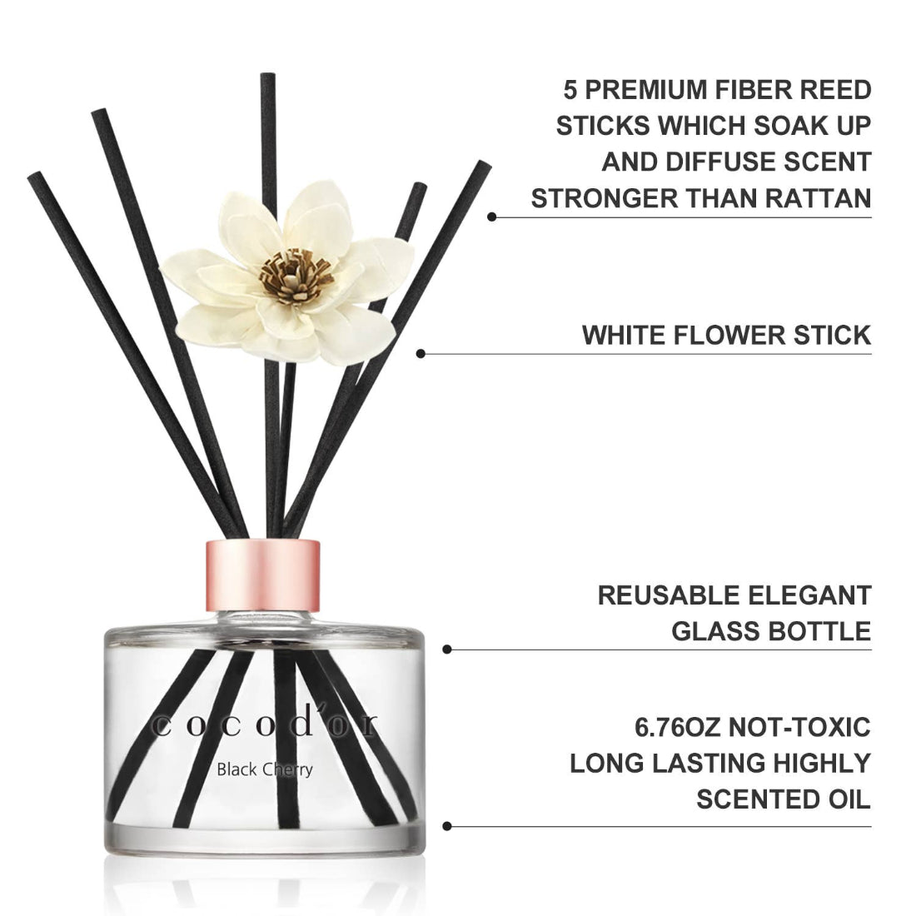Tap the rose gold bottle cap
tap(262, 574)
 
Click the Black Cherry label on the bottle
tap(265, 769)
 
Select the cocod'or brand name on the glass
tap(264, 724)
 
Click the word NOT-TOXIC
tap(800, 726)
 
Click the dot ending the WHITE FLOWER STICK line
tap(421, 354)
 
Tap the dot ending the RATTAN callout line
tap(492, 217)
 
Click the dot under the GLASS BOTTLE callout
tap(447, 649)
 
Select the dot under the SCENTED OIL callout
tap(447, 826)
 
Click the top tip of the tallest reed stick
tap(268, 77)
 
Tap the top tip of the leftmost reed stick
tap(34, 177)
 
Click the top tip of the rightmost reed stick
tap(485, 166)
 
